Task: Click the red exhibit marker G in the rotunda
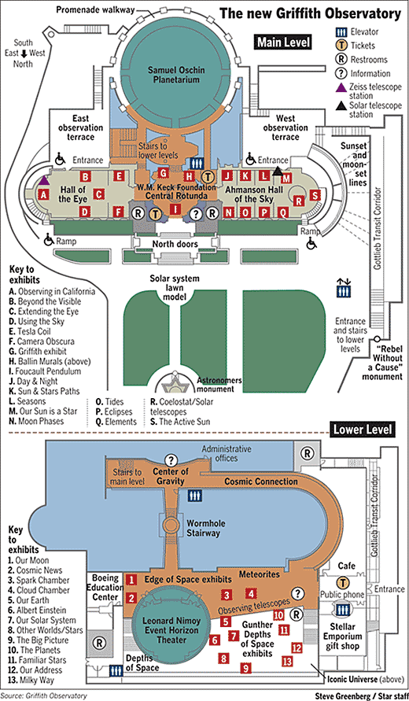(x=164, y=172)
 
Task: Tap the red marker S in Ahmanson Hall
(x=315, y=195)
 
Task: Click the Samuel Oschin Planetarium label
(x=175, y=75)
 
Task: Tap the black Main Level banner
(x=283, y=43)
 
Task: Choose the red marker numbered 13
(x=287, y=661)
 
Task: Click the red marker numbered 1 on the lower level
(x=131, y=580)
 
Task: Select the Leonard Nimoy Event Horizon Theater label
(x=165, y=630)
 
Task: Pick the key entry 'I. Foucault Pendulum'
(x=45, y=371)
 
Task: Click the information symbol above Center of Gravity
(x=171, y=459)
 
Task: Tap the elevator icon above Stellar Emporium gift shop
(x=343, y=610)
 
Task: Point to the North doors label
(x=175, y=245)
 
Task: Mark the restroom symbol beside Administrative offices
(x=308, y=453)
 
